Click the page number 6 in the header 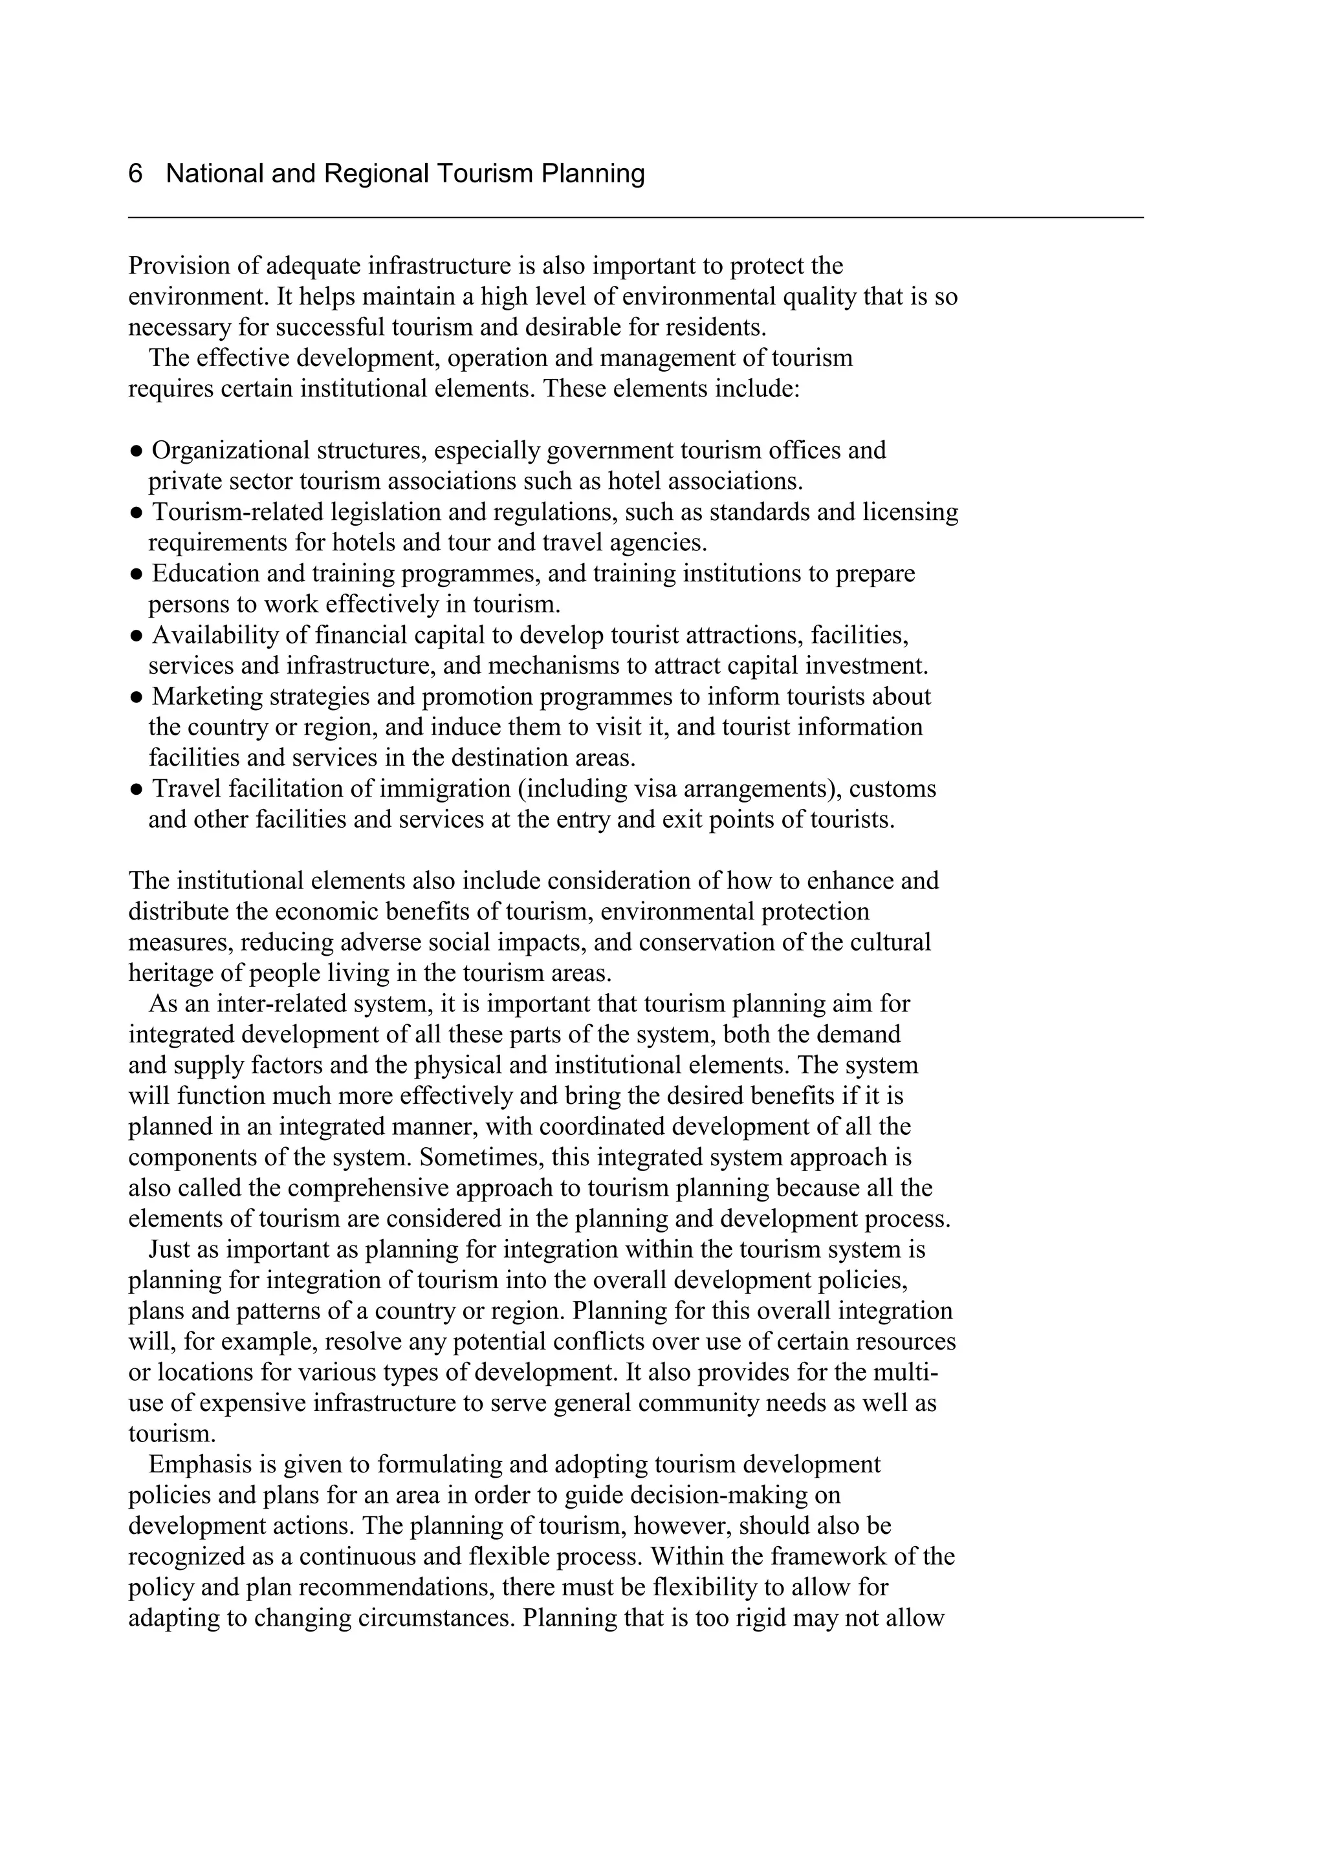(x=135, y=174)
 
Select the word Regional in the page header (x=377, y=174)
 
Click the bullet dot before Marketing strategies (x=137, y=697)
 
